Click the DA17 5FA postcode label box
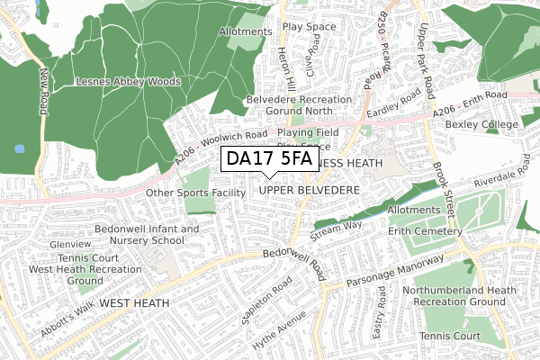[x=269, y=159]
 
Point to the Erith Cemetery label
[x=430, y=231]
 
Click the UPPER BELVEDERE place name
[x=309, y=191]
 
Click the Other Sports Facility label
[x=195, y=193]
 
